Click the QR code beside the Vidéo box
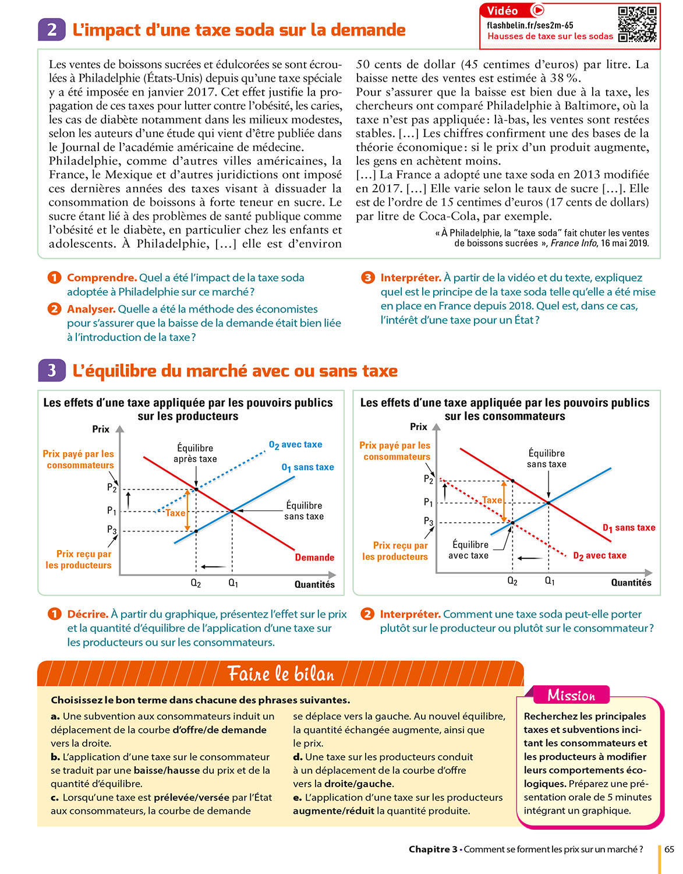point(638,24)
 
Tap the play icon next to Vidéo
point(538,10)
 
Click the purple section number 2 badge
point(52,30)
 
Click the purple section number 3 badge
point(52,371)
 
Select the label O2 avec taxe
point(295,445)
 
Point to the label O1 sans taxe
point(307,467)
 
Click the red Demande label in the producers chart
point(314,558)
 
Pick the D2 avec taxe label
point(600,556)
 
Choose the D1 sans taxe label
point(629,528)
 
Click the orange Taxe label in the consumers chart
point(492,500)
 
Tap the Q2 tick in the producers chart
point(196,583)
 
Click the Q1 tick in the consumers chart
point(550,581)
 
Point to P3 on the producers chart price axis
point(112,530)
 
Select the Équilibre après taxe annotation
point(195,453)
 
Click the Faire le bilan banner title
point(281,674)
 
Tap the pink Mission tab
point(571,695)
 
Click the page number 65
point(669,849)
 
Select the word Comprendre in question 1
point(102,278)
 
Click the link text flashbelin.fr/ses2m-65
point(530,25)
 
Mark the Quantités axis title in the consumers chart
point(631,583)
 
